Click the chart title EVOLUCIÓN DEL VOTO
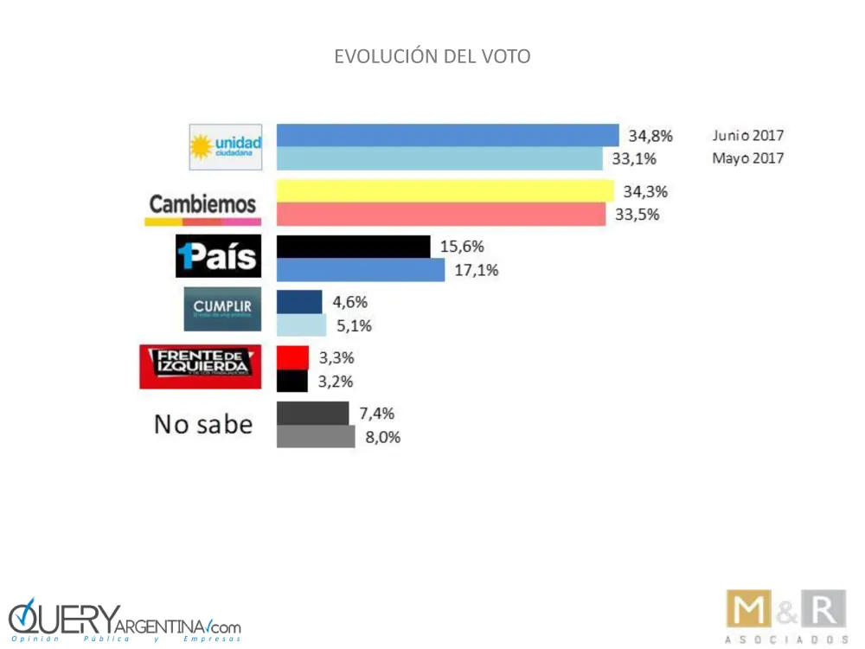(432, 57)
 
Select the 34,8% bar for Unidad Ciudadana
(447, 136)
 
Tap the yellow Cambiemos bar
(445, 191)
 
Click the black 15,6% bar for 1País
(353, 247)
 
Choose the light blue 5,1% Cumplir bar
(301, 326)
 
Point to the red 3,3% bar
(292, 357)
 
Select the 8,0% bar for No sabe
(316, 437)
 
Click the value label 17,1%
(476, 271)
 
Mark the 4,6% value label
(350, 302)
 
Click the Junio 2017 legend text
(748, 136)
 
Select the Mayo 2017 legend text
(748, 158)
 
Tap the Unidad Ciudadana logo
(226, 147)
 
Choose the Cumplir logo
(222, 309)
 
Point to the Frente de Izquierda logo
(201, 366)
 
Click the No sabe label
(203, 424)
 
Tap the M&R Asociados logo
(785, 617)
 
